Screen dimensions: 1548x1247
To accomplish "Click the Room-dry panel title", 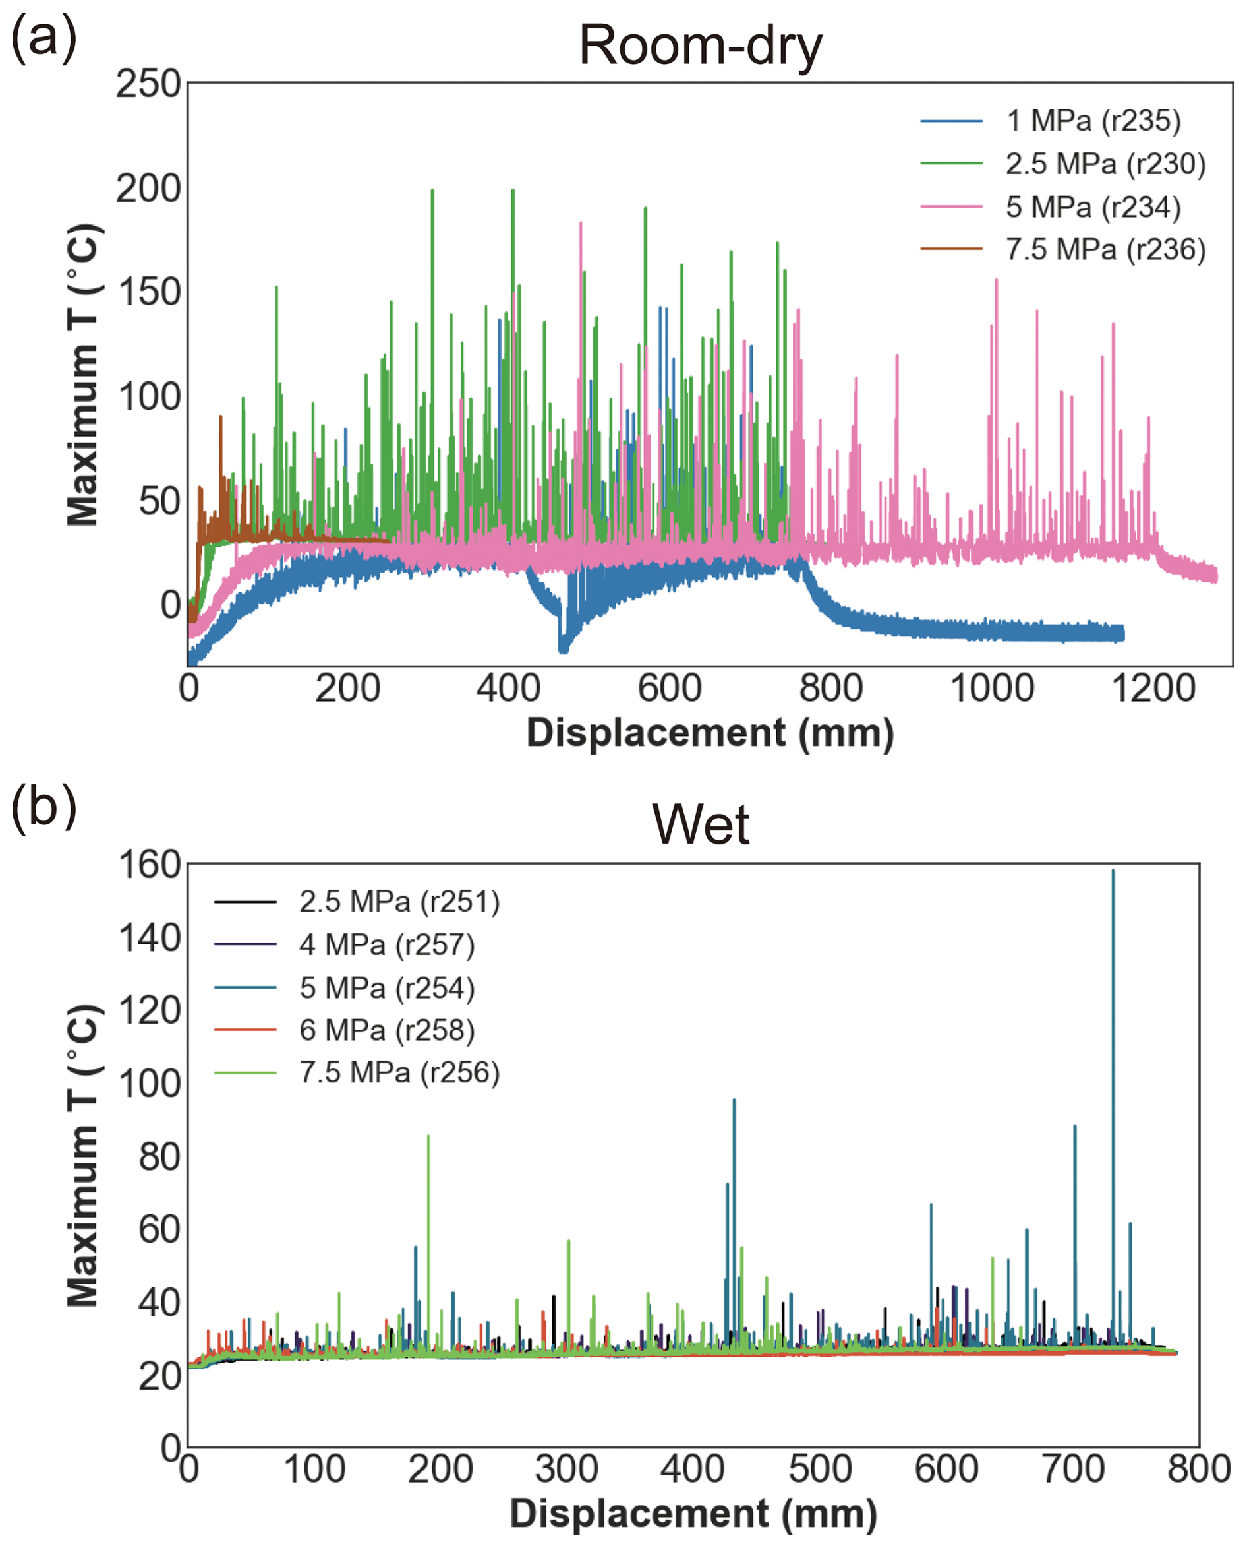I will tap(700, 46).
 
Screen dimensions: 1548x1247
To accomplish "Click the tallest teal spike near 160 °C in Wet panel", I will tap(1113, 874).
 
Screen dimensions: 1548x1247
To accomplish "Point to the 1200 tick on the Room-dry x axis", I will tap(1153, 689).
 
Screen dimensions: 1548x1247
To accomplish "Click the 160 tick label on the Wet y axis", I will tap(150, 865).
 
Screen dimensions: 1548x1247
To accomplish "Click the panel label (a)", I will tap(43, 40).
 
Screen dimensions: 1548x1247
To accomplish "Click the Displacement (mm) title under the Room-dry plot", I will tap(710, 733).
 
